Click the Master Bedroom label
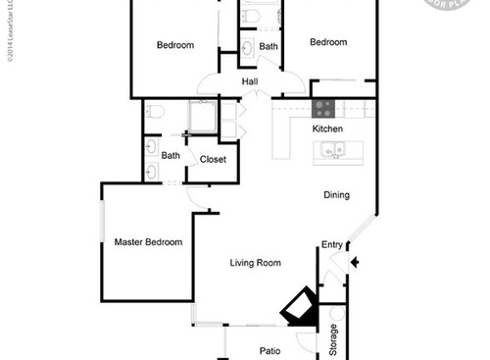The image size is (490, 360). coord(148,242)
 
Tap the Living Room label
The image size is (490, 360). coord(256,263)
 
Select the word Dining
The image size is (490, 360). coord(336,195)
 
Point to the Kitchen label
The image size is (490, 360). coord(327,129)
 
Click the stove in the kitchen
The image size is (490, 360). coord(324,108)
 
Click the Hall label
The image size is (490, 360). coord(249,82)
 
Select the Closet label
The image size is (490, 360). coord(213,159)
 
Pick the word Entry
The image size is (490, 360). coord(331,245)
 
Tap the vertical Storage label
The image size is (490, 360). coord(333,339)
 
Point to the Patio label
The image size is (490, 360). coord(270,350)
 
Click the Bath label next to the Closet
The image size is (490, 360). coord(171,155)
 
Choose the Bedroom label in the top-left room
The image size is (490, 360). coord(175,45)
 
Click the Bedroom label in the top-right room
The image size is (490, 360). coord(328,42)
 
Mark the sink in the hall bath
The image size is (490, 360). coord(247,46)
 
